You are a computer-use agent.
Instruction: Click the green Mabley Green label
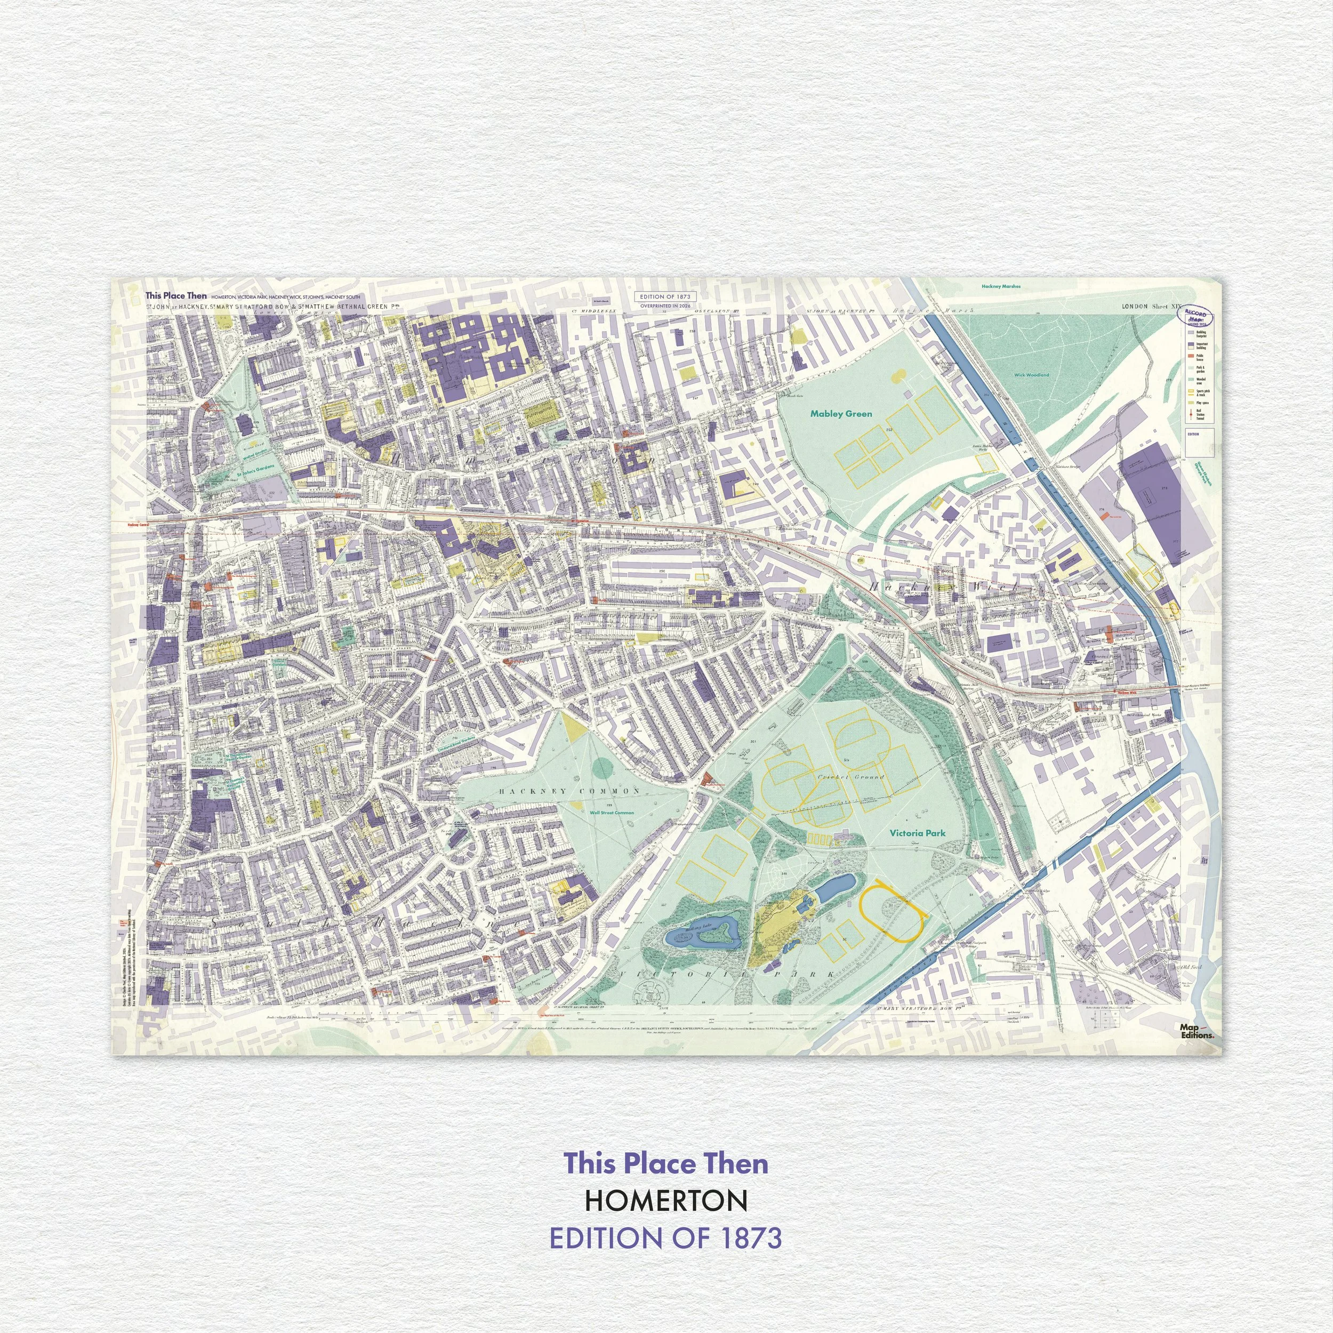point(840,414)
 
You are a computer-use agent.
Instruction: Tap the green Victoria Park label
point(917,833)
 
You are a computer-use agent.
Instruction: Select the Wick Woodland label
point(1032,375)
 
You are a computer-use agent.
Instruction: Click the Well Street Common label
point(611,813)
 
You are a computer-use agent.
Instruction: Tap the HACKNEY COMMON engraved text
point(569,791)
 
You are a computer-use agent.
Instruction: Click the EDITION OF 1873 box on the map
point(664,296)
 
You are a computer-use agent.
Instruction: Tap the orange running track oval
point(892,911)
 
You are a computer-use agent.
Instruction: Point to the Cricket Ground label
point(850,777)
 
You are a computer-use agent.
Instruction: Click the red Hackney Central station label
point(138,525)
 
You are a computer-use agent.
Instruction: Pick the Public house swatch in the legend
point(1190,358)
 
